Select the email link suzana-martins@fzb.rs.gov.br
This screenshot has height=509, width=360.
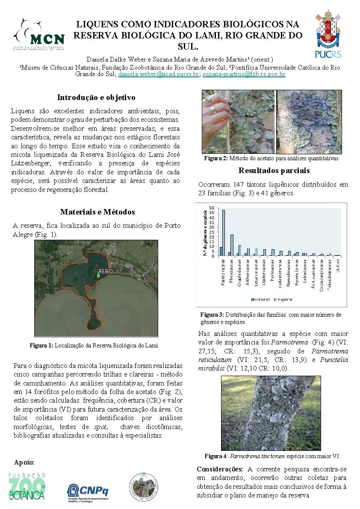238,74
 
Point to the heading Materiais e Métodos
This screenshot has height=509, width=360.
97,212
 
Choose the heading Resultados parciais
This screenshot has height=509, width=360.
274,171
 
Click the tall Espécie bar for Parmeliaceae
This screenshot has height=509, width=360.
223,233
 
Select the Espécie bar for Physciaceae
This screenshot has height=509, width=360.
232,245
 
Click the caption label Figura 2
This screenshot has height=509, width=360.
216,159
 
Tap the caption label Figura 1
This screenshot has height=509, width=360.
41,345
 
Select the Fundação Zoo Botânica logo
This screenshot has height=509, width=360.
27,487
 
